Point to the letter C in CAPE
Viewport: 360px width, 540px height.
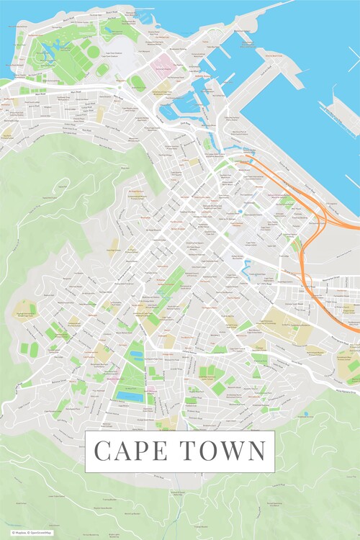coord(104,451)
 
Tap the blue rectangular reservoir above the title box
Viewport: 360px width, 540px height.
coord(130,397)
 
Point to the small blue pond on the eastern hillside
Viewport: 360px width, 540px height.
coord(305,414)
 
